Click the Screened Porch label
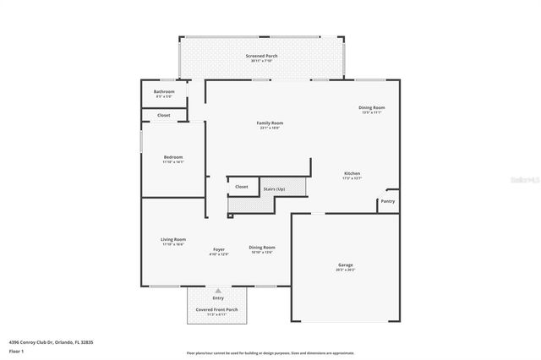(x=261, y=56)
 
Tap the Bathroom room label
(x=164, y=91)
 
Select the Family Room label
(x=269, y=123)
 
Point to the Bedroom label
(x=172, y=157)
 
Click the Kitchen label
(x=352, y=173)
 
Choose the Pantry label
(x=387, y=201)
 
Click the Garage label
(x=346, y=265)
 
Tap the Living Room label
(x=173, y=239)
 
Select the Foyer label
(x=219, y=250)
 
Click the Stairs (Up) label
(x=274, y=188)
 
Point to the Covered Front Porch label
(x=217, y=309)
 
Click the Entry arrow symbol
(x=218, y=290)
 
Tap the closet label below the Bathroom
(x=163, y=115)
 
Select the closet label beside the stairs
(x=241, y=187)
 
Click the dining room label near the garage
(x=262, y=247)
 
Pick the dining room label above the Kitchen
(x=372, y=107)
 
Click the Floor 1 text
(x=17, y=350)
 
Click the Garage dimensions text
(x=346, y=270)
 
